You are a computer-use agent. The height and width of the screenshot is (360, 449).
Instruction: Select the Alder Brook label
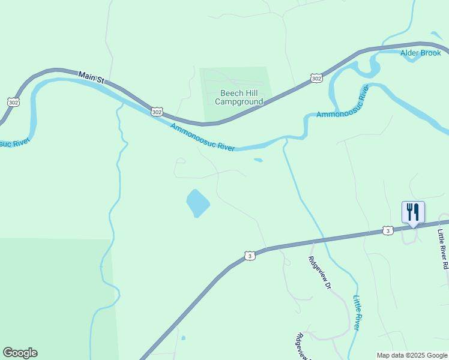pos(421,53)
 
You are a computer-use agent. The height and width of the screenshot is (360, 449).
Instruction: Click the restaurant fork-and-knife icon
pos(413,212)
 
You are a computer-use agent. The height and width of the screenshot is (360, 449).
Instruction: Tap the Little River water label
pos(357,313)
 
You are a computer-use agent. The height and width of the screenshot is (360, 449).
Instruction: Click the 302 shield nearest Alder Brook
pos(316,78)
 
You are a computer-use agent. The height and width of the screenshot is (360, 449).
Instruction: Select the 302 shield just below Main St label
pos(157,112)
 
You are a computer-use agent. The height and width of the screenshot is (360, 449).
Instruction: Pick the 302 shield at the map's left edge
pos(13,102)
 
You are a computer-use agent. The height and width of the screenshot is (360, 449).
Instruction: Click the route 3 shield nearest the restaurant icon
pos(388,230)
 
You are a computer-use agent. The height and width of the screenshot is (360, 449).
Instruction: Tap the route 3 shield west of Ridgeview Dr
pos(250,256)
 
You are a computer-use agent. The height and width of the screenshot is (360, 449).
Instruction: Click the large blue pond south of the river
pos(197,203)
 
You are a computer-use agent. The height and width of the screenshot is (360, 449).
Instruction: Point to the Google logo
pos(20,353)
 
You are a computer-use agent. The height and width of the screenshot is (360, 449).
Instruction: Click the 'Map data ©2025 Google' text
pos(412,355)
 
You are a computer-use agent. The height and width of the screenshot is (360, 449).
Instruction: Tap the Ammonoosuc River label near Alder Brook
pos(342,102)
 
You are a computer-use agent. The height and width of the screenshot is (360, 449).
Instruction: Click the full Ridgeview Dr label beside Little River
pos(320,273)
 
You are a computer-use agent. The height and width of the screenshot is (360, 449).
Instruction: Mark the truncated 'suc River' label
pos(13,143)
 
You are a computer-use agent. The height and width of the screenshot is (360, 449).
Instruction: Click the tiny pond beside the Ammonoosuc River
pos(258,160)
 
